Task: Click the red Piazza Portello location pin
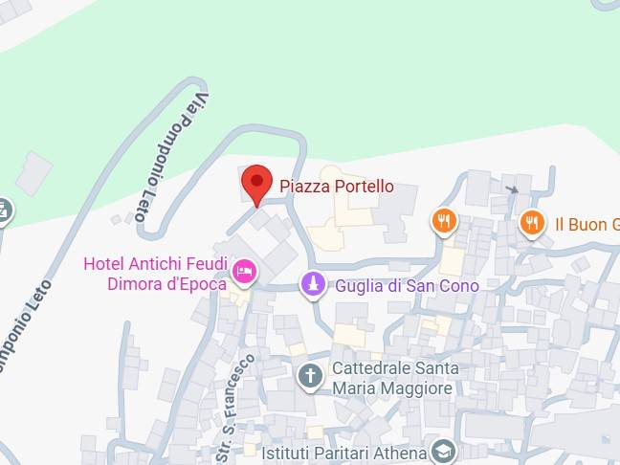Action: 256,183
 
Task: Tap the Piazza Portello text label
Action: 336,187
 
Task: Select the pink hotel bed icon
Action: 244,273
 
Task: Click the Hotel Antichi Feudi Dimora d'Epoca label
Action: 155,274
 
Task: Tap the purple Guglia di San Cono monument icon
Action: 312,284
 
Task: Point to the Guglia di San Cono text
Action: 407,285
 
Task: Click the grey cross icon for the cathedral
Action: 310,376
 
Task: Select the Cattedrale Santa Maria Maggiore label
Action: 394,378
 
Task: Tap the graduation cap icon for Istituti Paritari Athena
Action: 443,451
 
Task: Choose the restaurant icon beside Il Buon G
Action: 532,223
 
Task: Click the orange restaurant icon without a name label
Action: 443,222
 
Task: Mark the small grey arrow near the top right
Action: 514,188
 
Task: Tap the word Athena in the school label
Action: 403,452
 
